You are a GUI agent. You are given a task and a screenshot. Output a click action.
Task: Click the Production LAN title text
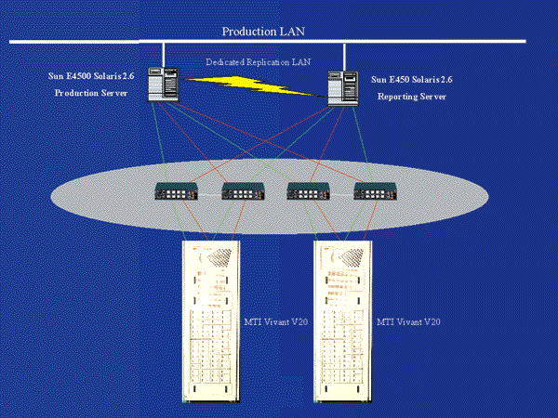pyautogui.click(x=262, y=31)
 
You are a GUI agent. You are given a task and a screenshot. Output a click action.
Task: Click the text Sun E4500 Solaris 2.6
pyautogui.click(x=93, y=77)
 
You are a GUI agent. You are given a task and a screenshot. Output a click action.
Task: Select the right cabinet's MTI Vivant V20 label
pyautogui.click(x=408, y=321)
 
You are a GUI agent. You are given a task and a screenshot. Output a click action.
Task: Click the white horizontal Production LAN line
pyautogui.click(x=418, y=41)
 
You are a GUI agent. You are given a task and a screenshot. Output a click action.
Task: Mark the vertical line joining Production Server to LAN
pyautogui.click(x=165, y=54)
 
